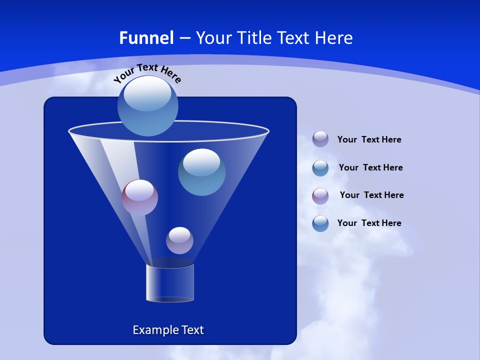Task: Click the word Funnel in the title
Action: coord(146,38)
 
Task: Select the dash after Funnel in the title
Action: coord(184,38)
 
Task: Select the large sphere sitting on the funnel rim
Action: coord(147,106)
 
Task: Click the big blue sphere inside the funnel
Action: coord(201,172)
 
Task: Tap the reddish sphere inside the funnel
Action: coord(139,197)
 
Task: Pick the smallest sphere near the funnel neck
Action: coord(179,240)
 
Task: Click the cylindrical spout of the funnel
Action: coord(170,282)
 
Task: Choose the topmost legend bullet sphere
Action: coord(320,139)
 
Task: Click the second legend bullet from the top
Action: coord(320,168)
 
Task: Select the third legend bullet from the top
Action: coord(320,196)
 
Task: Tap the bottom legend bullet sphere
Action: coord(320,223)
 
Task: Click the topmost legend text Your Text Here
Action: coord(369,139)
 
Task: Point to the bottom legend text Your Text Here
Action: coord(369,223)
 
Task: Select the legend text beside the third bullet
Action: coord(371,195)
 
